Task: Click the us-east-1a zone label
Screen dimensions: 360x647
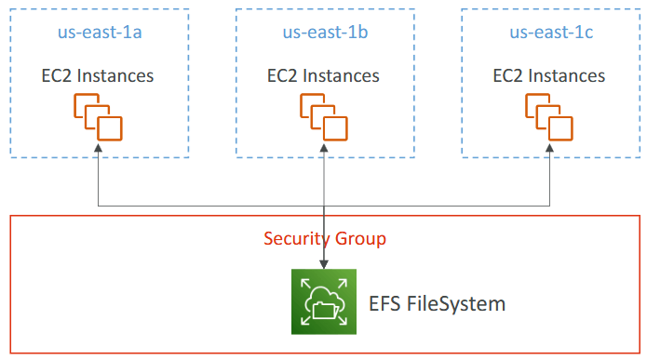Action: (97, 33)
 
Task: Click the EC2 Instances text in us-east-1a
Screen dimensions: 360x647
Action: (98, 75)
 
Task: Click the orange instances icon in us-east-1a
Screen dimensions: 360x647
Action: (98, 117)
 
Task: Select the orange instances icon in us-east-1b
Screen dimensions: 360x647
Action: (324, 117)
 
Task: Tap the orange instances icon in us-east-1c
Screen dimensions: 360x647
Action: (549, 117)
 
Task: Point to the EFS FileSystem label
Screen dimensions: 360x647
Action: (437, 303)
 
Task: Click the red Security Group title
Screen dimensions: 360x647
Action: (324, 239)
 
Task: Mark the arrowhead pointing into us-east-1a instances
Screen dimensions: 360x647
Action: (98, 148)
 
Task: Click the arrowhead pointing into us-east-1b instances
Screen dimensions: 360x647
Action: (324, 148)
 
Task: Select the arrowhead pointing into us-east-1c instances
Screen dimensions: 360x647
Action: (549, 148)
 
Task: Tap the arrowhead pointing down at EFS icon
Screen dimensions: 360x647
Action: (324, 266)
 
